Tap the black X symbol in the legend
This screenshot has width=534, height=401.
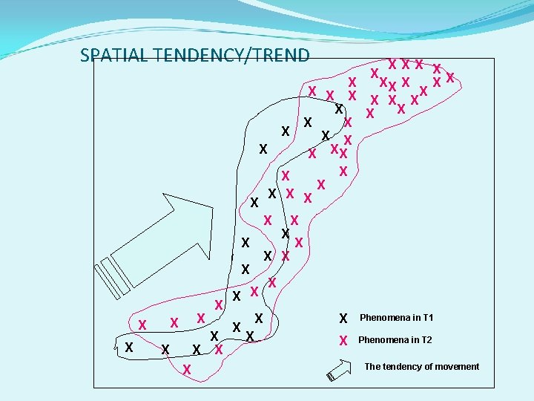tap(343, 319)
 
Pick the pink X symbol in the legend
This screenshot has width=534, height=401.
tap(343, 341)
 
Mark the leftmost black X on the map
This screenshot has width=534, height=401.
tap(129, 348)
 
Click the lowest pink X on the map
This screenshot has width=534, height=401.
tap(187, 369)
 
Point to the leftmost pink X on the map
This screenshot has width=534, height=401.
tap(142, 324)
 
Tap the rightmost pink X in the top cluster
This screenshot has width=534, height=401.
tap(450, 78)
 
